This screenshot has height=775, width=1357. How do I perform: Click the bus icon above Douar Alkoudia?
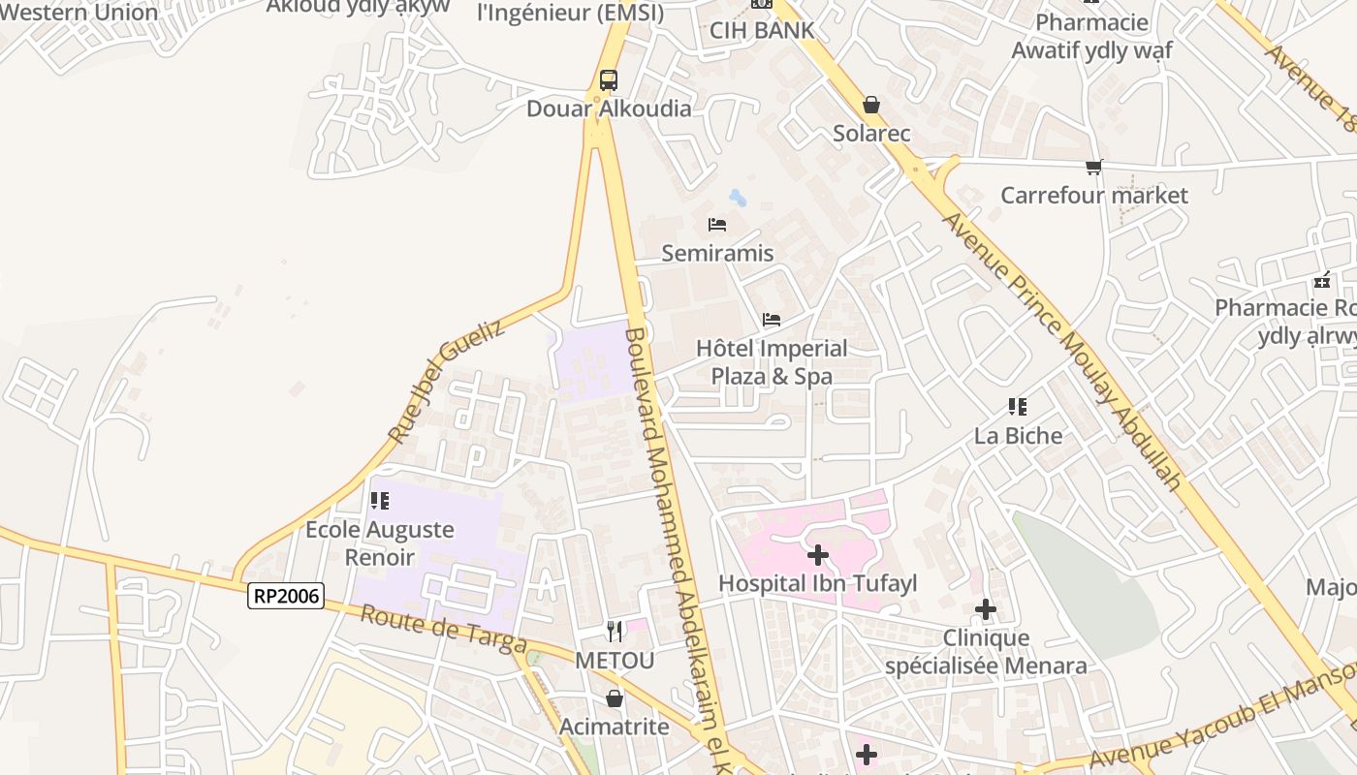click(608, 80)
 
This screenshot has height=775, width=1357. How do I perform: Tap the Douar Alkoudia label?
click(609, 108)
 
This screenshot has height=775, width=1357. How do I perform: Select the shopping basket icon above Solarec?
click(871, 105)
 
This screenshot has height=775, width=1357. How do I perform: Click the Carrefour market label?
click(1093, 196)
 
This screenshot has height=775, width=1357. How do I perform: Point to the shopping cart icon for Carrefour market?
click(1094, 167)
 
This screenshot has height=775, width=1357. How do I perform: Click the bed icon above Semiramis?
click(717, 225)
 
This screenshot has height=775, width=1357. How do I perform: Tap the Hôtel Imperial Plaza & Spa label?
click(772, 362)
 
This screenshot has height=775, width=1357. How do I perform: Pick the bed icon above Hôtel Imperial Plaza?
click(772, 319)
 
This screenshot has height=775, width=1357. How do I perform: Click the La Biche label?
click(1018, 436)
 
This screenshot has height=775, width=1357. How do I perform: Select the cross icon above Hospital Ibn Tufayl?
click(818, 555)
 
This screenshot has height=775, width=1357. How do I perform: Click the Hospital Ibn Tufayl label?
click(817, 583)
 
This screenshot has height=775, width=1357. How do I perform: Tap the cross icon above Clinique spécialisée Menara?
click(986, 609)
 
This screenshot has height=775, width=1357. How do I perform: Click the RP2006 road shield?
click(285, 595)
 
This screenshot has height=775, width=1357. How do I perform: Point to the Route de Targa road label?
click(444, 631)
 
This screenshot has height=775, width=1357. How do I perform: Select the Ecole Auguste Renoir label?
click(379, 543)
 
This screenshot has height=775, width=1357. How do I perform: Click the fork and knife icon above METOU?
click(615, 632)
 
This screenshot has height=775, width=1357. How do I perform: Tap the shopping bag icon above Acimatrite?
click(615, 697)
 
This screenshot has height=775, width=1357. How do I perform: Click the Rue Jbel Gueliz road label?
click(446, 383)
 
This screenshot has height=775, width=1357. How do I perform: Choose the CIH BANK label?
click(762, 31)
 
